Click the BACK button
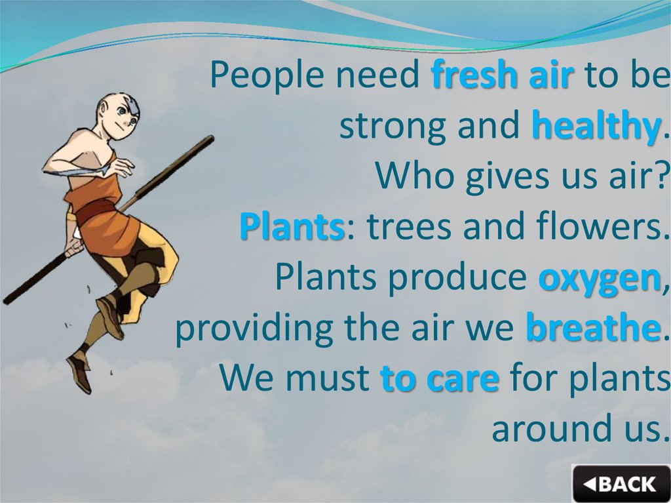(x=619, y=483)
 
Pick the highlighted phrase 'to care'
(x=440, y=379)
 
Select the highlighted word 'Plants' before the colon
(x=292, y=228)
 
